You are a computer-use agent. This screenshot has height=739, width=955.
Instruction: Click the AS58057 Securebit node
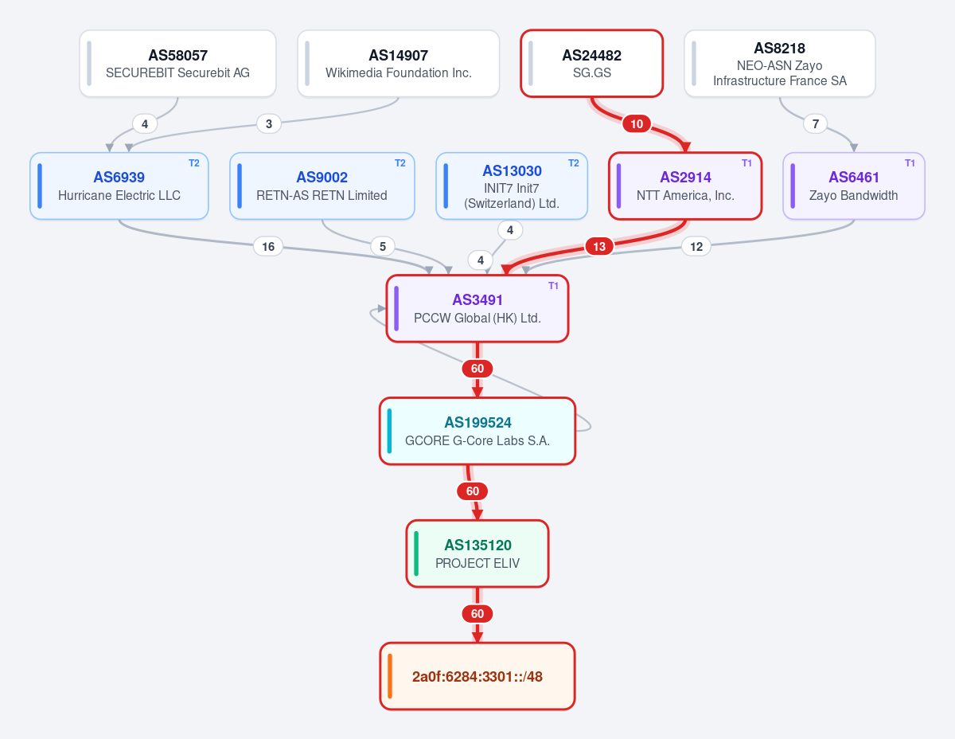(177, 63)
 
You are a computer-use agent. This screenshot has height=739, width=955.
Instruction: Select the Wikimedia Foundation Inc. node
(398, 63)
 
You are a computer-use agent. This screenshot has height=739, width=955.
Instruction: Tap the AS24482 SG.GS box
(591, 63)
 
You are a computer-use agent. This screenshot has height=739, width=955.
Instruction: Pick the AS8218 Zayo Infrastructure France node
(780, 63)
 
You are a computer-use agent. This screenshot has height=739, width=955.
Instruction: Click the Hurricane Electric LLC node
(119, 186)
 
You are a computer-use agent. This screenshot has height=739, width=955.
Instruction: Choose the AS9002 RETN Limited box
(322, 186)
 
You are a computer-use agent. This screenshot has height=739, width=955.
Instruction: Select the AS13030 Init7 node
(512, 186)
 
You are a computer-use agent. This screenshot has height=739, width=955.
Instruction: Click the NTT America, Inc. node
(685, 186)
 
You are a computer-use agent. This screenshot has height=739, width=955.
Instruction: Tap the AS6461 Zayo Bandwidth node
(854, 186)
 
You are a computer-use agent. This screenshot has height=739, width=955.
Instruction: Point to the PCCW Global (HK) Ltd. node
(477, 309)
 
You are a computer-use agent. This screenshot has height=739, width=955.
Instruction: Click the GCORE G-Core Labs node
(477, 432)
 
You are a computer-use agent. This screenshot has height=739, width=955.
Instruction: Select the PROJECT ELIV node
(477, 554)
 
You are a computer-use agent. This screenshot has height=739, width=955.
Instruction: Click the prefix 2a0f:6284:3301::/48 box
(477, 676)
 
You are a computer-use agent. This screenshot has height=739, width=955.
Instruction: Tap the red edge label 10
(637, 124)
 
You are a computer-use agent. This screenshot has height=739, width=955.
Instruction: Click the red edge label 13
(599, 247)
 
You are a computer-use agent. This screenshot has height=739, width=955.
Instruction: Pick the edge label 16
(268, 247)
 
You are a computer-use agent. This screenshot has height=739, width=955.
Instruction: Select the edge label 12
(696, 247)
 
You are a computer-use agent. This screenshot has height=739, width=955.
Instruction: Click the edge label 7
(815, 124)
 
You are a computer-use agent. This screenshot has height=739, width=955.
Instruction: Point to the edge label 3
(268, 124)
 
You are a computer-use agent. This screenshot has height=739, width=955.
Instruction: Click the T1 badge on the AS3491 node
(553, 286)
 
